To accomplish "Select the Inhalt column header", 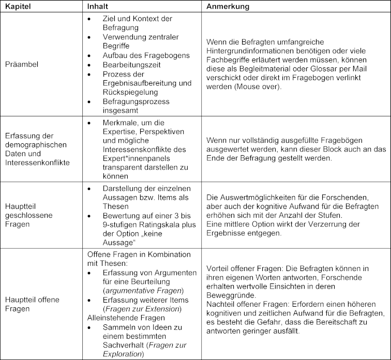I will (98, 7).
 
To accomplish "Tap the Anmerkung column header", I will (228, 7).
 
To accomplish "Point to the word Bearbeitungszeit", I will (131, 65).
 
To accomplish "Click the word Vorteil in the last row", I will (218, 268).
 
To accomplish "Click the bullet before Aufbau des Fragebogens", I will (91, 55).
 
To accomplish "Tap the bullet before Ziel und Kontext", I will (91, 18).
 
